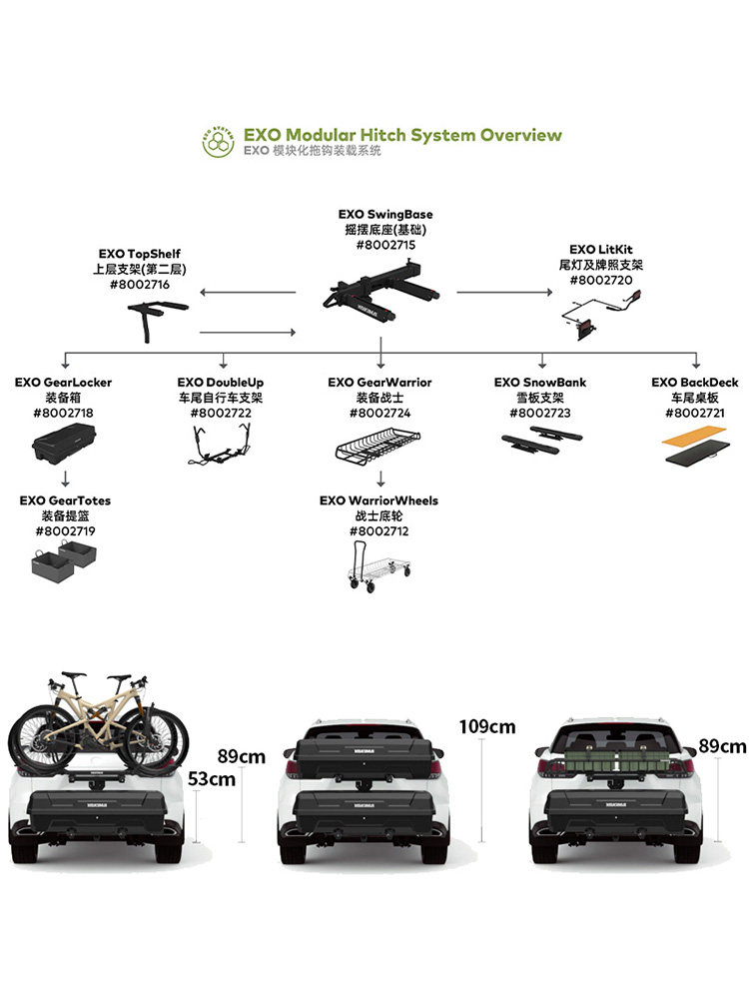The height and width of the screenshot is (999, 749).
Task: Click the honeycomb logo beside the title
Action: click(219, 142)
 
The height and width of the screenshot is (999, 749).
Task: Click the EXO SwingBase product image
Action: click(380, 287)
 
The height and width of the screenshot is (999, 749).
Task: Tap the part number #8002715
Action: click(385, 244)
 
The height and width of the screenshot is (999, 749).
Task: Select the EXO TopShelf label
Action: click(140, 255)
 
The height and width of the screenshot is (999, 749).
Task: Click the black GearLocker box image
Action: click(65, 444)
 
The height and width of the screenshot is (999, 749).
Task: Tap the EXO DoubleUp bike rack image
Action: click(221, 444)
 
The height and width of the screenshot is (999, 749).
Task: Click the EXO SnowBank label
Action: click(540, 383)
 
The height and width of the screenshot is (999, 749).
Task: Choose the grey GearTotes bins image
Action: click(62, 561)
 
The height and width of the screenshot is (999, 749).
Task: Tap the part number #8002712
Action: click(379, 530)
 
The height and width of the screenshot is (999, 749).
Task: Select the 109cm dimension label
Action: click(487, 726)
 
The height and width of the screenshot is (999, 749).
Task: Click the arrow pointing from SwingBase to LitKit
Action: click(503, 293)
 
